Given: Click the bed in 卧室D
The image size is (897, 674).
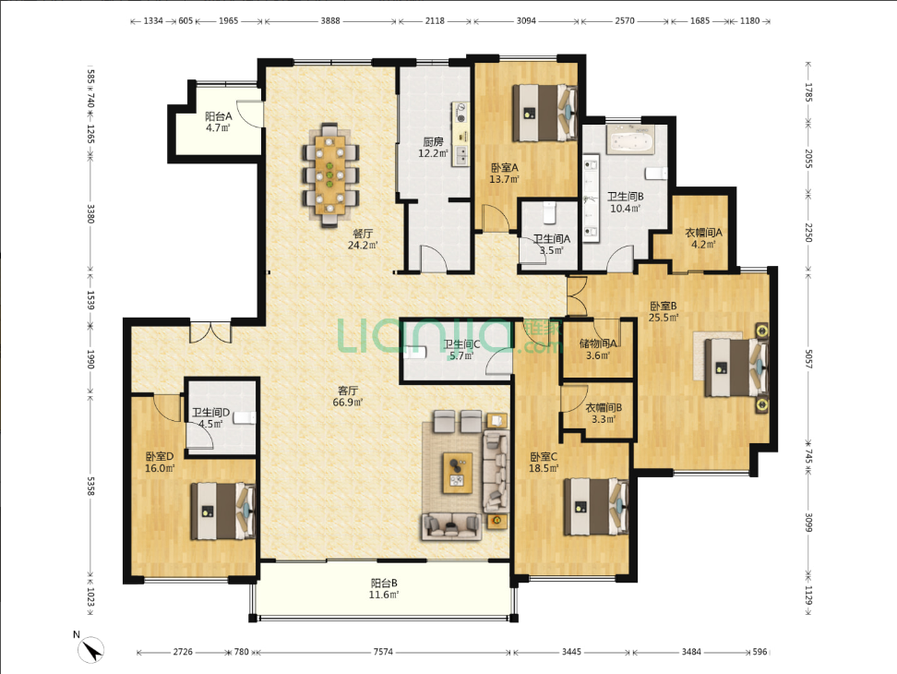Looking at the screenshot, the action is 223,511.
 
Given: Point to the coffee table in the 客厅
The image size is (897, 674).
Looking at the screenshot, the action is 458,473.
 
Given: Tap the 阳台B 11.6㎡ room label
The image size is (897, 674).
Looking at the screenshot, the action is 384,589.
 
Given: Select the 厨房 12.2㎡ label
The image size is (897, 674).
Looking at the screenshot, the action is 433,147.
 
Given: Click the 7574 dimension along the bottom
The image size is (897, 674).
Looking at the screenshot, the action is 383,652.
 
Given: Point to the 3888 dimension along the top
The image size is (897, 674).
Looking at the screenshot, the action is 330,20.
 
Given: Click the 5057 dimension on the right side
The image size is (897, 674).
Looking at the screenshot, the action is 809,359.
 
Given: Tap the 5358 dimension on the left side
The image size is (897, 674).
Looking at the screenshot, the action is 90,486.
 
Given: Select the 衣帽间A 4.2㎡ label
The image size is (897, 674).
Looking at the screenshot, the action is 703,238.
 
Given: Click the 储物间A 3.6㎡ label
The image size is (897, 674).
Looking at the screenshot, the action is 598,349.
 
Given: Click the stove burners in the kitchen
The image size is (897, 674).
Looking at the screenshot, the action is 460,112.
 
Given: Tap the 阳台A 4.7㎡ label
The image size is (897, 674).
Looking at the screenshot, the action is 219,122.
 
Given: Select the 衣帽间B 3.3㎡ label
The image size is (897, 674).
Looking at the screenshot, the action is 604,413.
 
